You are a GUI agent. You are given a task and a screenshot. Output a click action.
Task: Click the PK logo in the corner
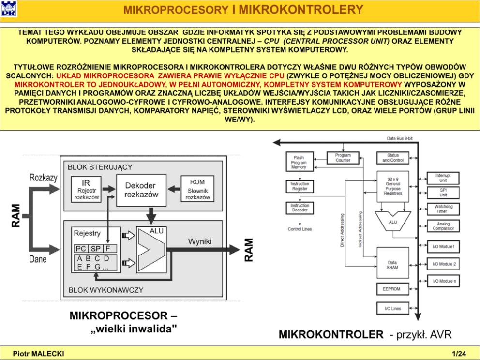[9, 9]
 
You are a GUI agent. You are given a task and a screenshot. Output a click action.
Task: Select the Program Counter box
[343, 158]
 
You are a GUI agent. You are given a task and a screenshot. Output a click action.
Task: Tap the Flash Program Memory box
[299, 162]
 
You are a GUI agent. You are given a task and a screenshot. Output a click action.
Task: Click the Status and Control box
[393, 158]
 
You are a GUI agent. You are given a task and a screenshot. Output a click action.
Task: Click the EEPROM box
[392, 289]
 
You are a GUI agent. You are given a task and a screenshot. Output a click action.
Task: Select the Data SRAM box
[392, 265]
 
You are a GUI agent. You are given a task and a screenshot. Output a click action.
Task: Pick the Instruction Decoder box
[300, 208]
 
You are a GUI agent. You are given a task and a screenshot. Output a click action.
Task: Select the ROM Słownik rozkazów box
[197, 189]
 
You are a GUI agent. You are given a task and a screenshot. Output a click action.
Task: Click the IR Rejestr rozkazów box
[86, 190]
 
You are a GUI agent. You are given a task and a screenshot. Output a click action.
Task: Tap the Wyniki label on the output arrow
[200, 241]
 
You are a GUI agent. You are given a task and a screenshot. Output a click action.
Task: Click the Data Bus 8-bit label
[399, 138]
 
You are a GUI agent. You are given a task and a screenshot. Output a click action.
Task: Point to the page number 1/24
[458, 354]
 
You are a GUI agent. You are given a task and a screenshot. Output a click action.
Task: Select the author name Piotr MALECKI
[38, 354]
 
